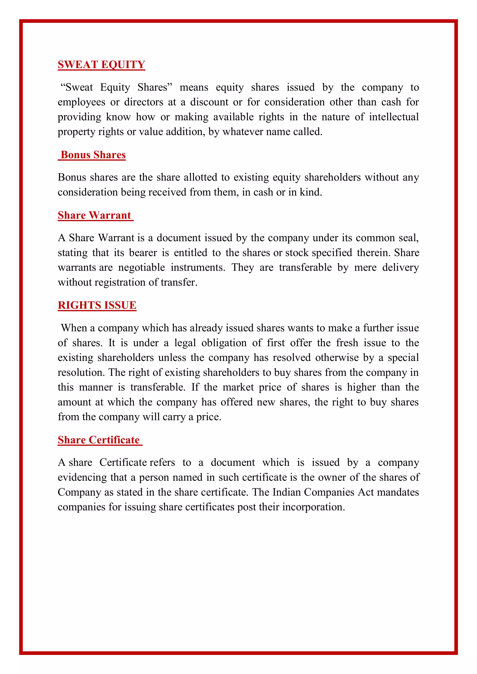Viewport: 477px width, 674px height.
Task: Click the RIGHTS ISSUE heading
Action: [x=97, y=305]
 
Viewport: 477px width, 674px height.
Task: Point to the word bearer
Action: [x=143, y=253]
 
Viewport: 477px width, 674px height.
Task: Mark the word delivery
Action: [x=400, y=267]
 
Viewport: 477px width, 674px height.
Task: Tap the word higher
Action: [x=361, y=387]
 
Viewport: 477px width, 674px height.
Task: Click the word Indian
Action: [x=286, y=492]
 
